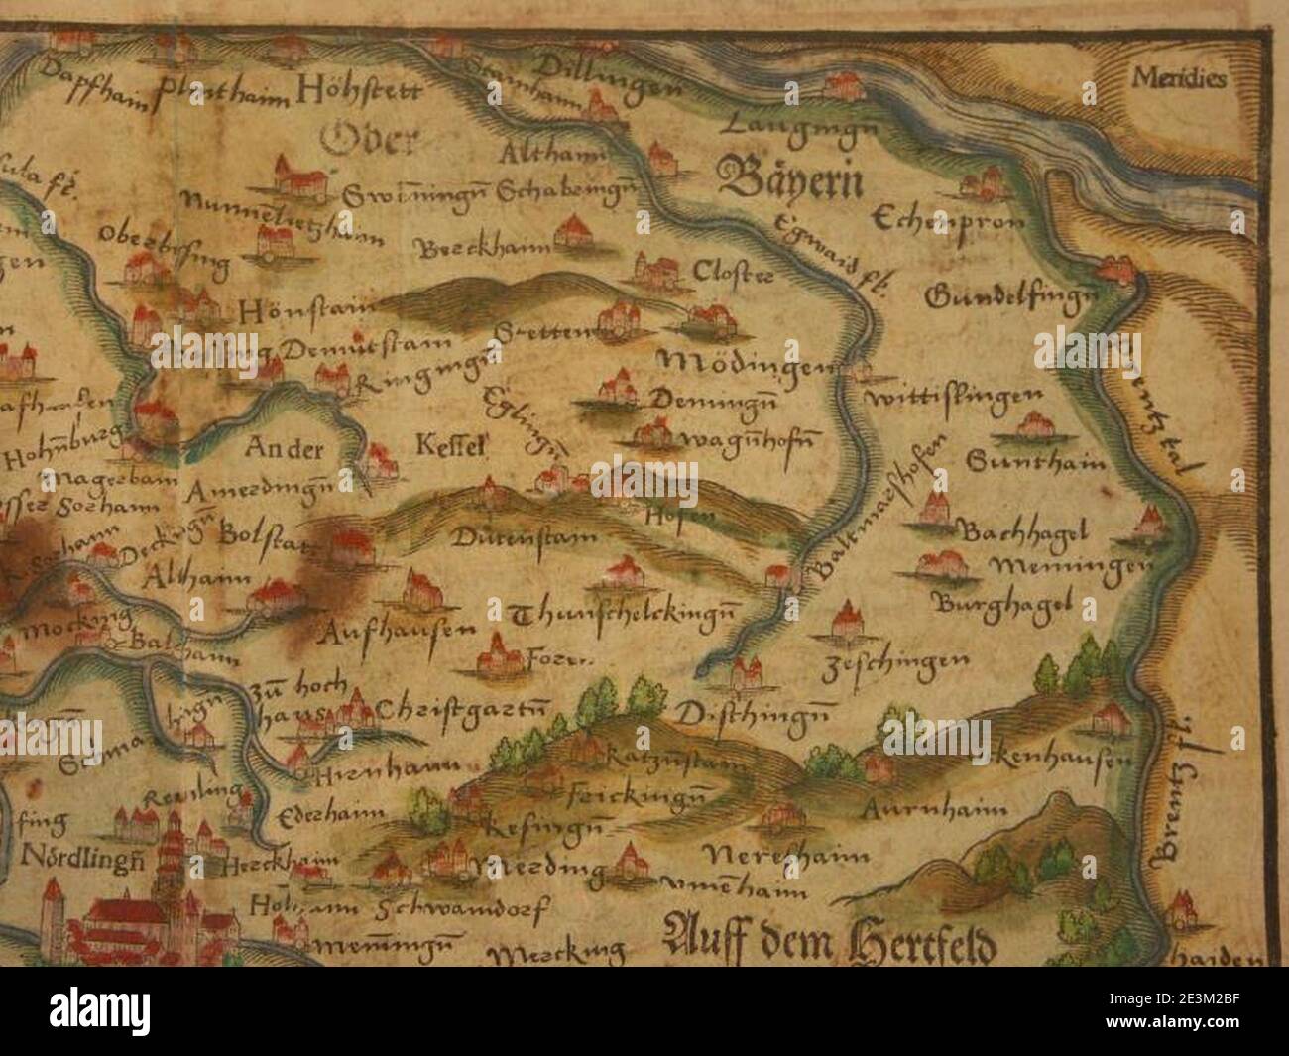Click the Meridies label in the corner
[x=1179, y=76]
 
